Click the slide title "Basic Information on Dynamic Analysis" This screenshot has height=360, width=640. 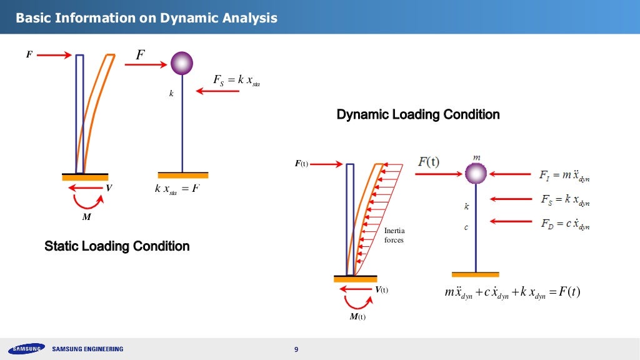[146, 18]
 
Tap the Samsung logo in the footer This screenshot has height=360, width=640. [26, 349]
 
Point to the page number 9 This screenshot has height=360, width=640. [296, 349]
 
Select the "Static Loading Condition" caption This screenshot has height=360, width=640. [117, 246]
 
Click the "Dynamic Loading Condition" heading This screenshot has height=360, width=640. [418, 115]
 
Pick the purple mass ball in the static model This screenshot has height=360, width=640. [182, 62]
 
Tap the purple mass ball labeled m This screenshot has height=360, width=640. [476, 173]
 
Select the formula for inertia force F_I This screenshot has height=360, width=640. [564, 176]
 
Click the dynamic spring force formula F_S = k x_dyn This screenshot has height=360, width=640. [564, 201]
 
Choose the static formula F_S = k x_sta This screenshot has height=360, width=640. [236, 81]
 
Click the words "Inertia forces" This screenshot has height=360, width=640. [394, 236]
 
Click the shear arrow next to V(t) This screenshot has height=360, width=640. [359, 289]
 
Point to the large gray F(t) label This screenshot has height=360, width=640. [428, 162]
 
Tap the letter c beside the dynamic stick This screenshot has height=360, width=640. [466, 227]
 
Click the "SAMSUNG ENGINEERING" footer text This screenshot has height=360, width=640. [87, 349]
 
